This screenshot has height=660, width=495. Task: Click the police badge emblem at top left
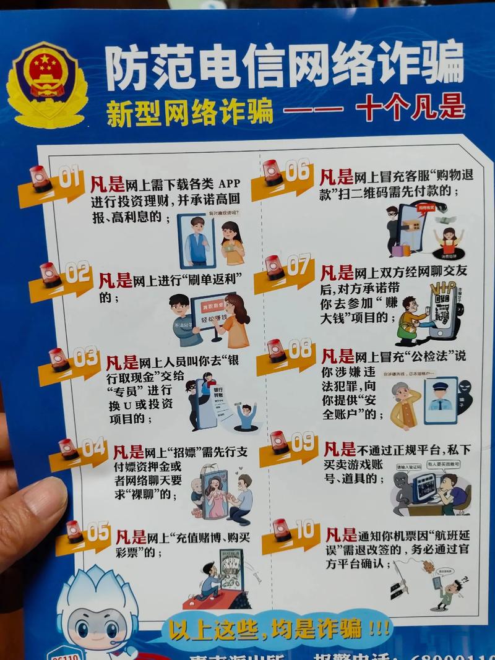pyautogui.click(x=46, y=84)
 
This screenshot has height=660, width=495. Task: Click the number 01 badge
pyautogui.click(x=69, y=178)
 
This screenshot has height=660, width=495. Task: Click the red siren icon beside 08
pyautogui.click(x=276, y=351)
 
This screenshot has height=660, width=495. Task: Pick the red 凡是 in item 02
pyautogui.click(x=115, y=280)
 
